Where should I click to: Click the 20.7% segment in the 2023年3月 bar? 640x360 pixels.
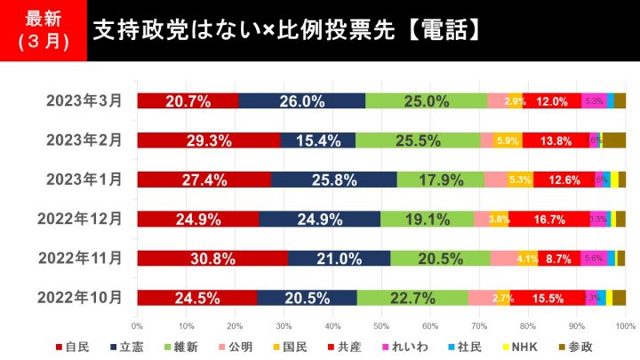click(188, 100)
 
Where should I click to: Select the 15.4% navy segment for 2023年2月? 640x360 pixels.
click(317, 140)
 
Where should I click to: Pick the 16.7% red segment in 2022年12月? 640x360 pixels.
click(549, 219)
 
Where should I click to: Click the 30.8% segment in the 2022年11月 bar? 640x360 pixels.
click(212, 259)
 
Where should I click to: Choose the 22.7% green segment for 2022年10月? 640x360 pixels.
click(412, 298)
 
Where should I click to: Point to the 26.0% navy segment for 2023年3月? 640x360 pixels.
click(301, 100)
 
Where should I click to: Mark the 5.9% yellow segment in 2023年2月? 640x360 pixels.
click(508, 140)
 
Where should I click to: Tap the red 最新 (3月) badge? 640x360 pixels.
click(44, 31)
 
